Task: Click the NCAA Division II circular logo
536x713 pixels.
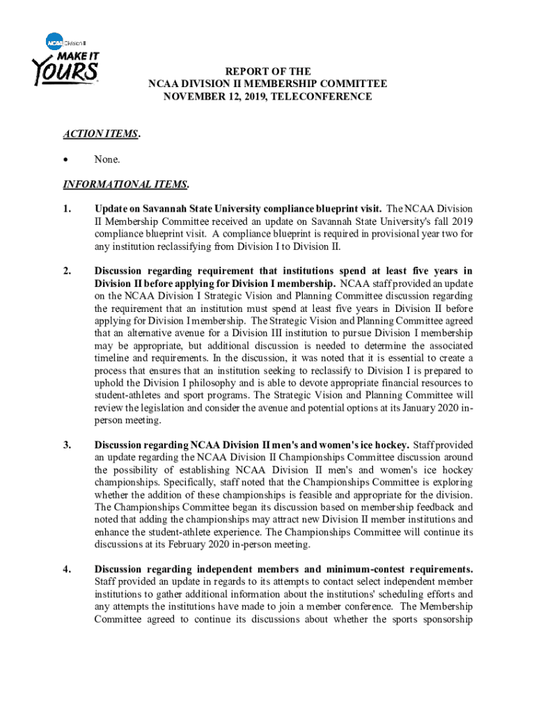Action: pyautogui.click(x=55, y=41)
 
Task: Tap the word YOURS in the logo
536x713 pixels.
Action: pyautogui.click(x=65, y=72)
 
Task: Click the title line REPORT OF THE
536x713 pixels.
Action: pyautogui.click(x=267, y=72)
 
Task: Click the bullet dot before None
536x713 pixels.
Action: pyautogui.click(x=67, y=159)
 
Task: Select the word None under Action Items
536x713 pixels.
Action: pyautogui.click(x=107, y=159)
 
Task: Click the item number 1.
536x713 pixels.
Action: pyautogui.click(x=67, y=209)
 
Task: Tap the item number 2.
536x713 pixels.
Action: pyautogui.click(x=67, y=271)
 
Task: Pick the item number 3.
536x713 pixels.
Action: pyautogui.click(x=67, y=445)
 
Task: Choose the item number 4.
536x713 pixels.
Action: pyautogui.click(x=67, y=569)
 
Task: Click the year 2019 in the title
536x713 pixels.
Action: pyautogui.click(x=240, y=97)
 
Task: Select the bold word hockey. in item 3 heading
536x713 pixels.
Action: pyautogui.click(x=392, y=445)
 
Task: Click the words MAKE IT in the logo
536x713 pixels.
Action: pyautogui.click(x=76, y=54)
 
